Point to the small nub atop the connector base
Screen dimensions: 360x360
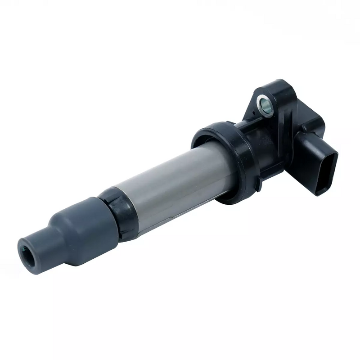[306, 128]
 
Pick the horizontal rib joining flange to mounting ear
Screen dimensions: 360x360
[247, 120]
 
